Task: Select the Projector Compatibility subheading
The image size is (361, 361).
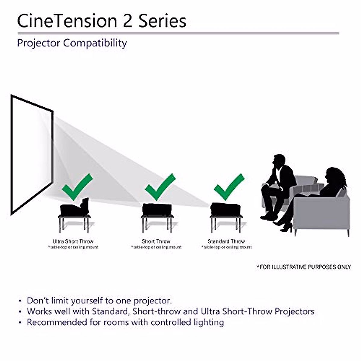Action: [x=72, y=43]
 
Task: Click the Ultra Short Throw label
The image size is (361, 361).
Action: [x=73, y=241]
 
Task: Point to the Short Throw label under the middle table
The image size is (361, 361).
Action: [x=156, y=241]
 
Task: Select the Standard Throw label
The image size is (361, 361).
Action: [x=226, y=241]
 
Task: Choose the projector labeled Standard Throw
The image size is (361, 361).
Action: [x=226, y=209]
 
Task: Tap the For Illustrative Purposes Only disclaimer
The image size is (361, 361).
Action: [x=304, y=267]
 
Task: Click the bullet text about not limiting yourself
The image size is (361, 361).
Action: [x=99, y=301]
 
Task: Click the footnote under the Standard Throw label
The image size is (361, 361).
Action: [x=226, y=247]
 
